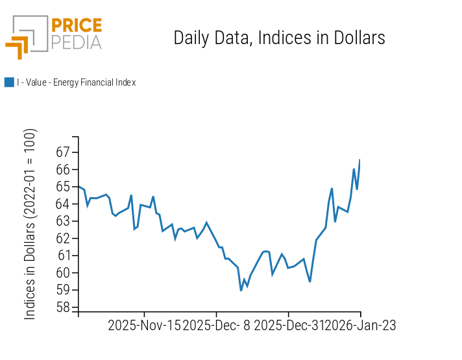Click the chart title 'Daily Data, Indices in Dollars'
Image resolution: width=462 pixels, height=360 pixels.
pyautogui.click(x=279, y=38)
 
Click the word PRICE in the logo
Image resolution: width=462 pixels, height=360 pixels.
pyautogui.click(x=77, y=26)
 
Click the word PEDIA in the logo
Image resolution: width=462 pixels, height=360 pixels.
pyautogui.click(x=77, y=43)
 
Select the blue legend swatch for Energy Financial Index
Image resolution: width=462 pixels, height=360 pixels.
pyautogui.click(x=9, y=82)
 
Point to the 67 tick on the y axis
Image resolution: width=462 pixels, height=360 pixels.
pyautogui.click(x=62, y=152)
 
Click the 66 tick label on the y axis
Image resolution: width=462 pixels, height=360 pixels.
pyautogui.click(x=62, y=169)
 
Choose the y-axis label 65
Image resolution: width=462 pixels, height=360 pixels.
pyautogui.click(x=62, y=187)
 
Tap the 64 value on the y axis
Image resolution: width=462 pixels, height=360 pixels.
pyautogui.click(x=62, y=204)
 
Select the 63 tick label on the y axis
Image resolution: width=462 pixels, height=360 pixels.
pyautogui.click(x=62, y=221)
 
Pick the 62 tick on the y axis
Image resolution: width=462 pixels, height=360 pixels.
pyautogui.click(x=62, y=238)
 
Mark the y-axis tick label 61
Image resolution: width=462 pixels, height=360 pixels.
pyautogui.click(x=62, y=256)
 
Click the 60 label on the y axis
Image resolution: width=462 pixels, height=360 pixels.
pyautogui.click(x=62, y=272)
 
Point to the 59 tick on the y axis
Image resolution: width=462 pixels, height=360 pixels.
pyautogui.click(x=62, y=290)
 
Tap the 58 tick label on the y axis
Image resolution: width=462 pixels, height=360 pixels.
pyautogui.click(x=62, y=307)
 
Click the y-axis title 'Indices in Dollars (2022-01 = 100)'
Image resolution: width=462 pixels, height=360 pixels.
pyautogui.click(x=30, y=224)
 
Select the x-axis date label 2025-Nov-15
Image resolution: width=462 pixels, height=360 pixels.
pyautogui.click(x=145, y=326)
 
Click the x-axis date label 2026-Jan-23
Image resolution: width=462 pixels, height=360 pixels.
pyautogui.click(x=360, y=326)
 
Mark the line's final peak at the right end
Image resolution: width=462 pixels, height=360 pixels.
pyautogui.click(x=359, y=160)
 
